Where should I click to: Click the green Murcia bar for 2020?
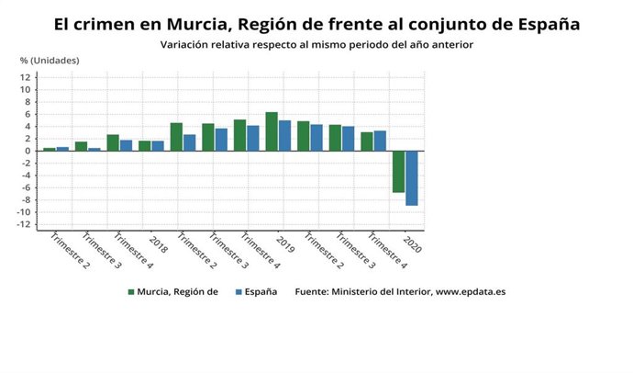(x=398, y=172)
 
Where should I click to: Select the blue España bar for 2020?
(x=412, y=178)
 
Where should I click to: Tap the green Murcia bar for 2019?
(x=272, y=131)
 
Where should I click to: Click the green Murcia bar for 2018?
(x=144, y=145)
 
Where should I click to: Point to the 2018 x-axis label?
(x=157, y=245)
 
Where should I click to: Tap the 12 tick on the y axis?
(x=28, y=77)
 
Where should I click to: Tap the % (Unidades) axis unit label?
(x=50, y=60)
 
